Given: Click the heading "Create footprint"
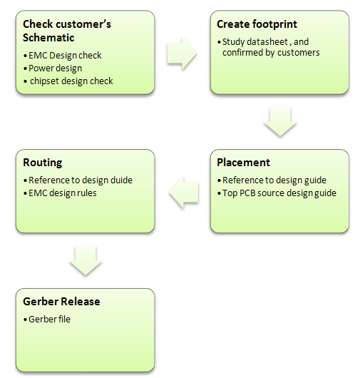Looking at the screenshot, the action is click(257, 24).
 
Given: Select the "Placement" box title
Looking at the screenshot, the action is click(243, 163).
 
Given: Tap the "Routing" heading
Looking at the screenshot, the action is click(42, 163).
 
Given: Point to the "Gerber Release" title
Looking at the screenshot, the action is click(61, 302).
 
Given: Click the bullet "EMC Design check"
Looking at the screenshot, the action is click(65, 56).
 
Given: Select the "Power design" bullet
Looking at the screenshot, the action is click(55, 68).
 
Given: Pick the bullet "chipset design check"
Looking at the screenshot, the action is click(71, 81).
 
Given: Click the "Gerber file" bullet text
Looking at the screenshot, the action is click(49, 320).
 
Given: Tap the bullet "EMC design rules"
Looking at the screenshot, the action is click(63, 193).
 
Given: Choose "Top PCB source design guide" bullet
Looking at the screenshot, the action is click(279, 193).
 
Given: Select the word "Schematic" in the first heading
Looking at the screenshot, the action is click(48, 38).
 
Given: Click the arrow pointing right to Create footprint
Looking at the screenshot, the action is click(182, 53).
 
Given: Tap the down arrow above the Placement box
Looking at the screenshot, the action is click(280, 122).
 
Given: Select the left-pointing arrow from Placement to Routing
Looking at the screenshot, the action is click(184, 192).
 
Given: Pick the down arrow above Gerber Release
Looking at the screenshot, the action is click(86, 260).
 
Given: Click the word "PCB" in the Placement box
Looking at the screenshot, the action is click(247, 193).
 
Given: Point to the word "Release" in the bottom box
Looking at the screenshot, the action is click(81, 302).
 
